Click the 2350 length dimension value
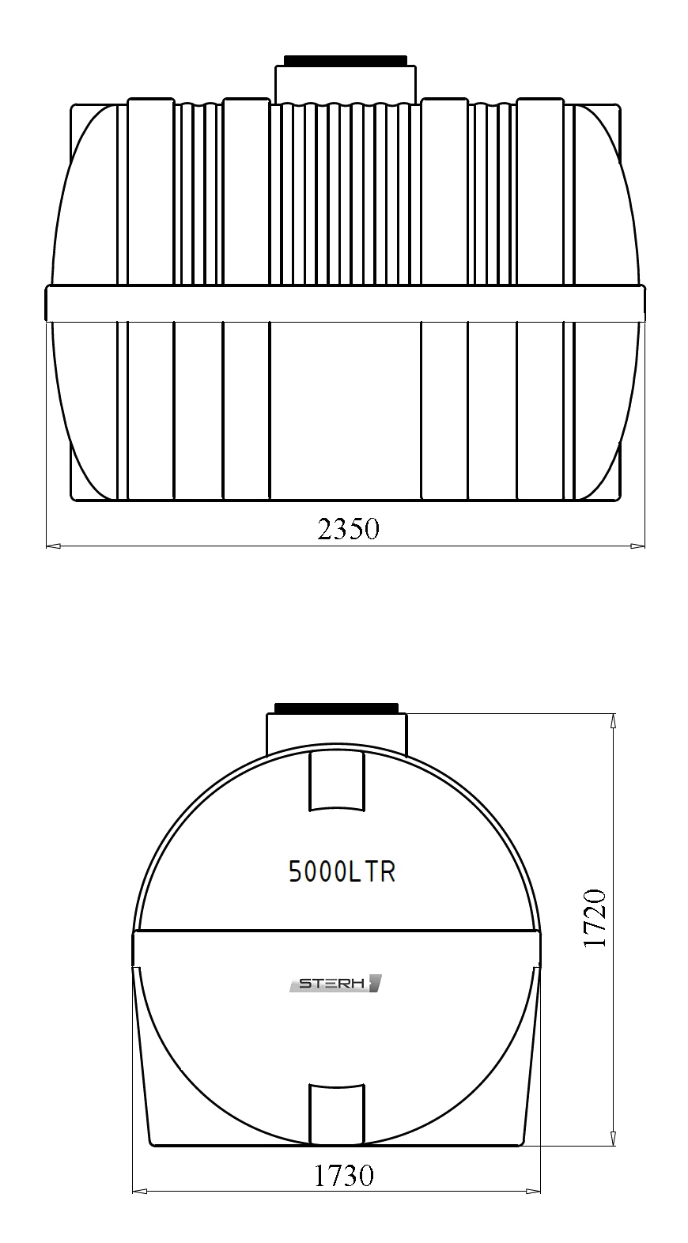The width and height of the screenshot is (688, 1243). tap(349, 529)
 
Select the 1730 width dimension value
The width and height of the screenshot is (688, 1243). tap(344, 1175)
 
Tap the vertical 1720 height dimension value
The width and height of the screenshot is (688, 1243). tap(595, 918)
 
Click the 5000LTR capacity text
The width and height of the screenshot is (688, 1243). tap(342, 872)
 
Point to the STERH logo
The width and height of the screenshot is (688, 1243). tap(335, 984)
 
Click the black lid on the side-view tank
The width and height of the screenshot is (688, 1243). tap(346, 60)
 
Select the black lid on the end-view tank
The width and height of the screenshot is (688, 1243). tap(336, 708)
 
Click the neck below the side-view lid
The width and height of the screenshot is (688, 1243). tap(346, 85)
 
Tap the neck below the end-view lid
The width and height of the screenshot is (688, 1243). tap(336, 734)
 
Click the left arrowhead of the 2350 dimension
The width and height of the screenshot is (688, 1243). tap(53, 546)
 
